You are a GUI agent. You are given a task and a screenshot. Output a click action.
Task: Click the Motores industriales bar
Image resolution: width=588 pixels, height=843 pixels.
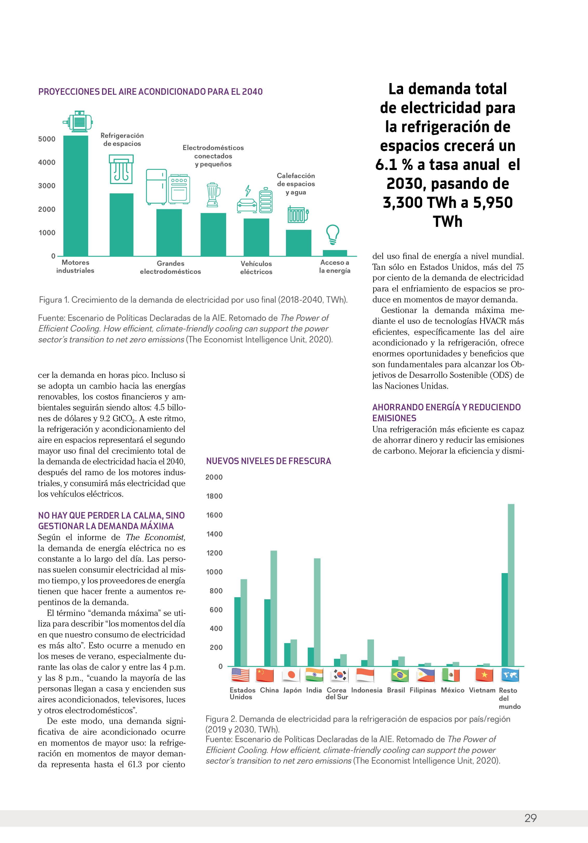pyautogui.click(x=76, y=196)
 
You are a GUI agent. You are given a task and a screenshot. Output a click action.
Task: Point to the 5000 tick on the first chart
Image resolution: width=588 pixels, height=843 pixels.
pyautogui.click(x=47, y=139)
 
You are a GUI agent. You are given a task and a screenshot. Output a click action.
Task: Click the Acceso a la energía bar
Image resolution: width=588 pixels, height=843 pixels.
pyautogui.click(x=335, y=253)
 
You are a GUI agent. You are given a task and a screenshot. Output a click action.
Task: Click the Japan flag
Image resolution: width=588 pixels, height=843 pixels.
pyautogui.click(x=291, y=675)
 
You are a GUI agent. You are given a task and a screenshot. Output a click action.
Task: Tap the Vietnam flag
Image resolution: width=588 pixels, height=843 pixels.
pyautogui.click(x=484, y=675)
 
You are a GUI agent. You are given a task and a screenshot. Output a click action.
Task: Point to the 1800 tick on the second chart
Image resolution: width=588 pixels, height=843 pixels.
pyautogui.click(x=214, y=496)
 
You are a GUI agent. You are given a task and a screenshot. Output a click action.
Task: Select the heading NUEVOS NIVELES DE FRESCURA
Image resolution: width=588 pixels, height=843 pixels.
pyautogui.click(x=268, y=461)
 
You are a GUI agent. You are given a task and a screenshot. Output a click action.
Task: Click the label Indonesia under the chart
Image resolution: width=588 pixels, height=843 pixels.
pyautogui.click(x=366, y=690)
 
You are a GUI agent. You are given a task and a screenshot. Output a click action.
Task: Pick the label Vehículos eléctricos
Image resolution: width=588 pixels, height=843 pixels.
pyautogui.click(x=256, y=268)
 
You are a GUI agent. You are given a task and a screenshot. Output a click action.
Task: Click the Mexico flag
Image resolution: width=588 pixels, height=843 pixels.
pyautogui.click(x=451, y=675)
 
